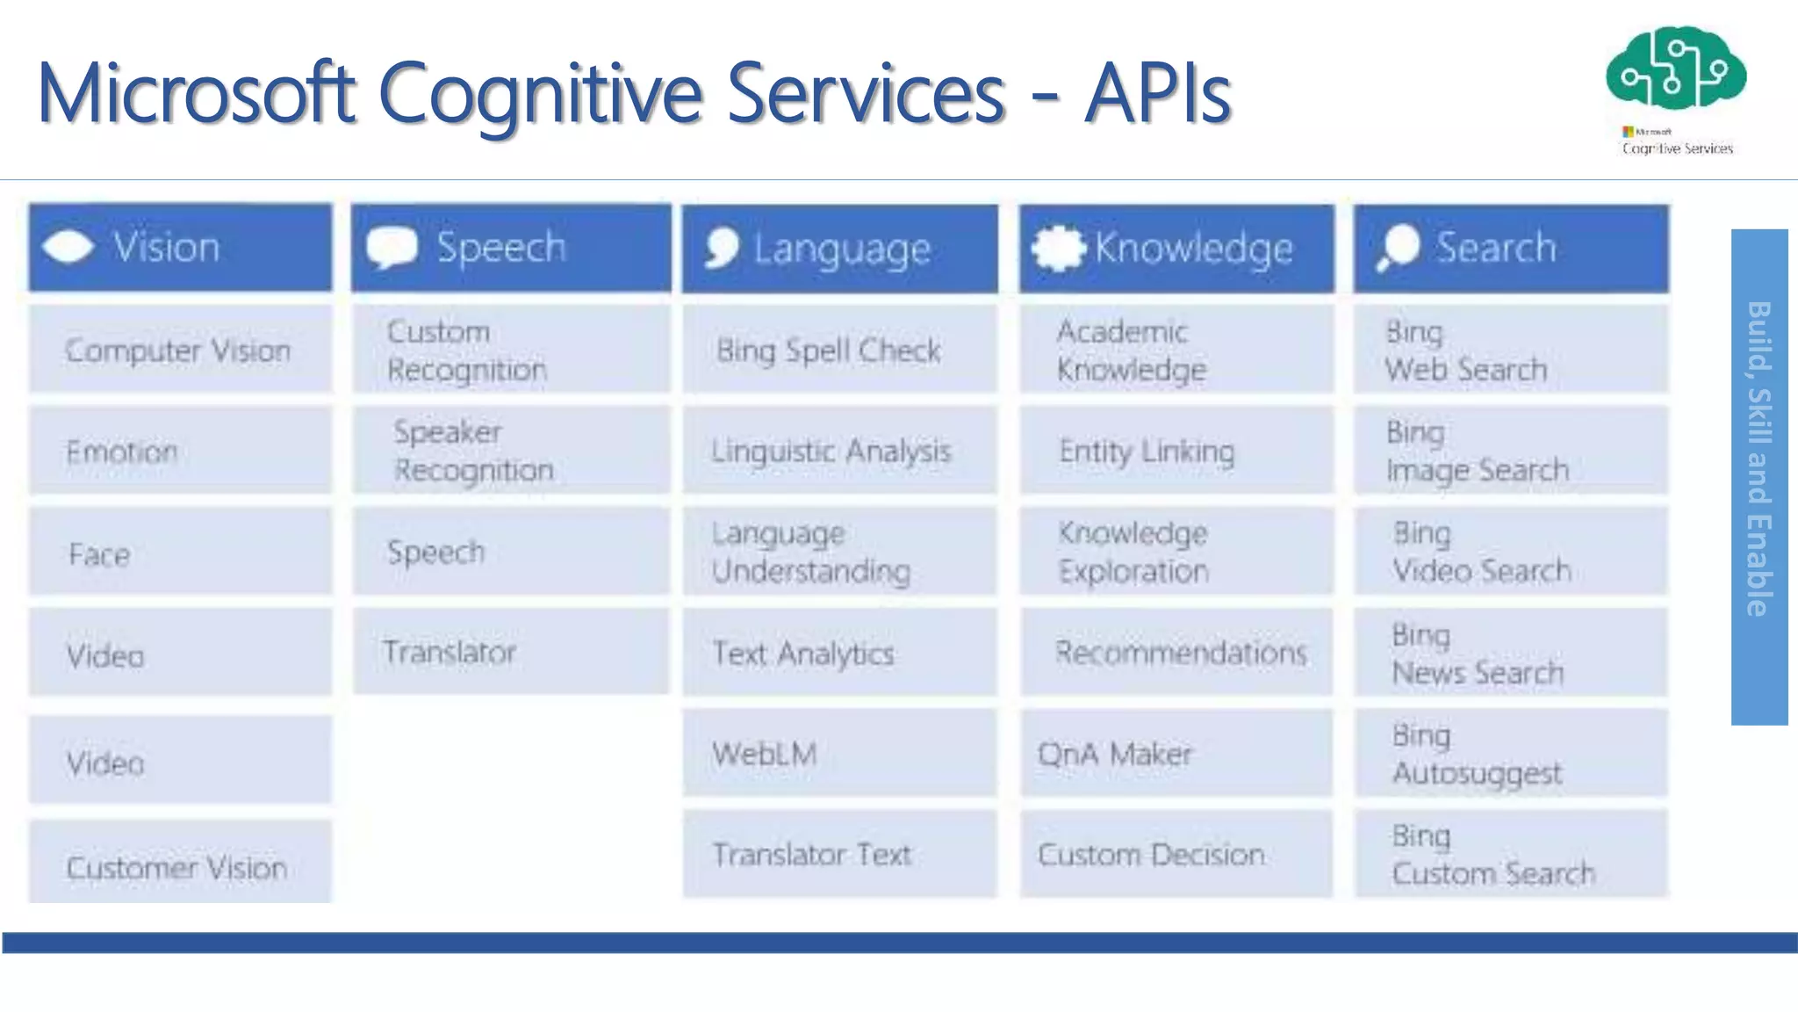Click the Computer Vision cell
tap(180, 350)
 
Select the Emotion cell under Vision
tap(180, 452)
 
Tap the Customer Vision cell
tap(180, 865)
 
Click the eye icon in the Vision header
tap(68, 247)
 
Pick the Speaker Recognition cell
tap(511, 451)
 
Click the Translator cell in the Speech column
tap(511, 652)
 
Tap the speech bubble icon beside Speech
tap(391, 248)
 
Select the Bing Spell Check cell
tap(839, 350)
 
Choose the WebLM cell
tap(839, 753)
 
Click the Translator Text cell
tap(839, 854)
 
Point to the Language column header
tap(839, 249)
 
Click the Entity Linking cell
tap(1176, 451)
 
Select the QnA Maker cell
tap(1176, 753)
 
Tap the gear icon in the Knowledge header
tap(1058, 248)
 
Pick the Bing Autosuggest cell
tap(1510, 754)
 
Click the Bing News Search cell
tap(1510, 653)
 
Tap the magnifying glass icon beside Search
tap(1398, 247)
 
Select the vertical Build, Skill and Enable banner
tap(1758, 477)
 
